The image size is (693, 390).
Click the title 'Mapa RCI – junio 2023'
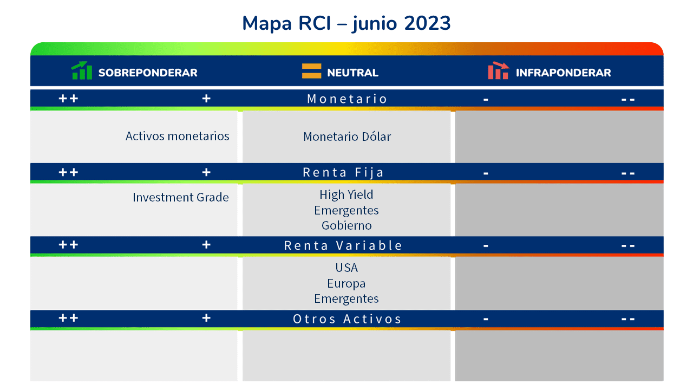pos(346,23)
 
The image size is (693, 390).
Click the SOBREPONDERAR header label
pos(148,73)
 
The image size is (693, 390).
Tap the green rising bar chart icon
pos(82,70)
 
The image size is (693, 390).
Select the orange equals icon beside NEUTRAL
pos(311,71)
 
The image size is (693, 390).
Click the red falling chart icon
pos(499,70)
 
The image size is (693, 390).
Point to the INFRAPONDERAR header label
pos(564,73)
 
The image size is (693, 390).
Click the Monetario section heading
pos(347,99)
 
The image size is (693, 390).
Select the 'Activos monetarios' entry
pos(177,136)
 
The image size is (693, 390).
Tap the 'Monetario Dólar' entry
pos(347,136)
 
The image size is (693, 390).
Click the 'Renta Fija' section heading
pos(343,172)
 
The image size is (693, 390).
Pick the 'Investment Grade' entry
pos(181,197)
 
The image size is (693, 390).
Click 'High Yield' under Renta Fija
pos(346,194)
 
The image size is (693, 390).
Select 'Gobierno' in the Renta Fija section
pos(346,225)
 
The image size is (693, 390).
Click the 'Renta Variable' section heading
pos(343,245)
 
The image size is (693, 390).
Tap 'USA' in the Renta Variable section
pos(346,268)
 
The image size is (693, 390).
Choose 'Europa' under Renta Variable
pos(346,283)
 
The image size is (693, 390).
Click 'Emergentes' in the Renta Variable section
pos(346,298)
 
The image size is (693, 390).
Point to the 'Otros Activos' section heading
pos(347,319)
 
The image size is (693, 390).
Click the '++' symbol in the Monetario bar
pos(68,99)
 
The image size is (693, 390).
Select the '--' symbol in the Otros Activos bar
pos(628,319)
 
